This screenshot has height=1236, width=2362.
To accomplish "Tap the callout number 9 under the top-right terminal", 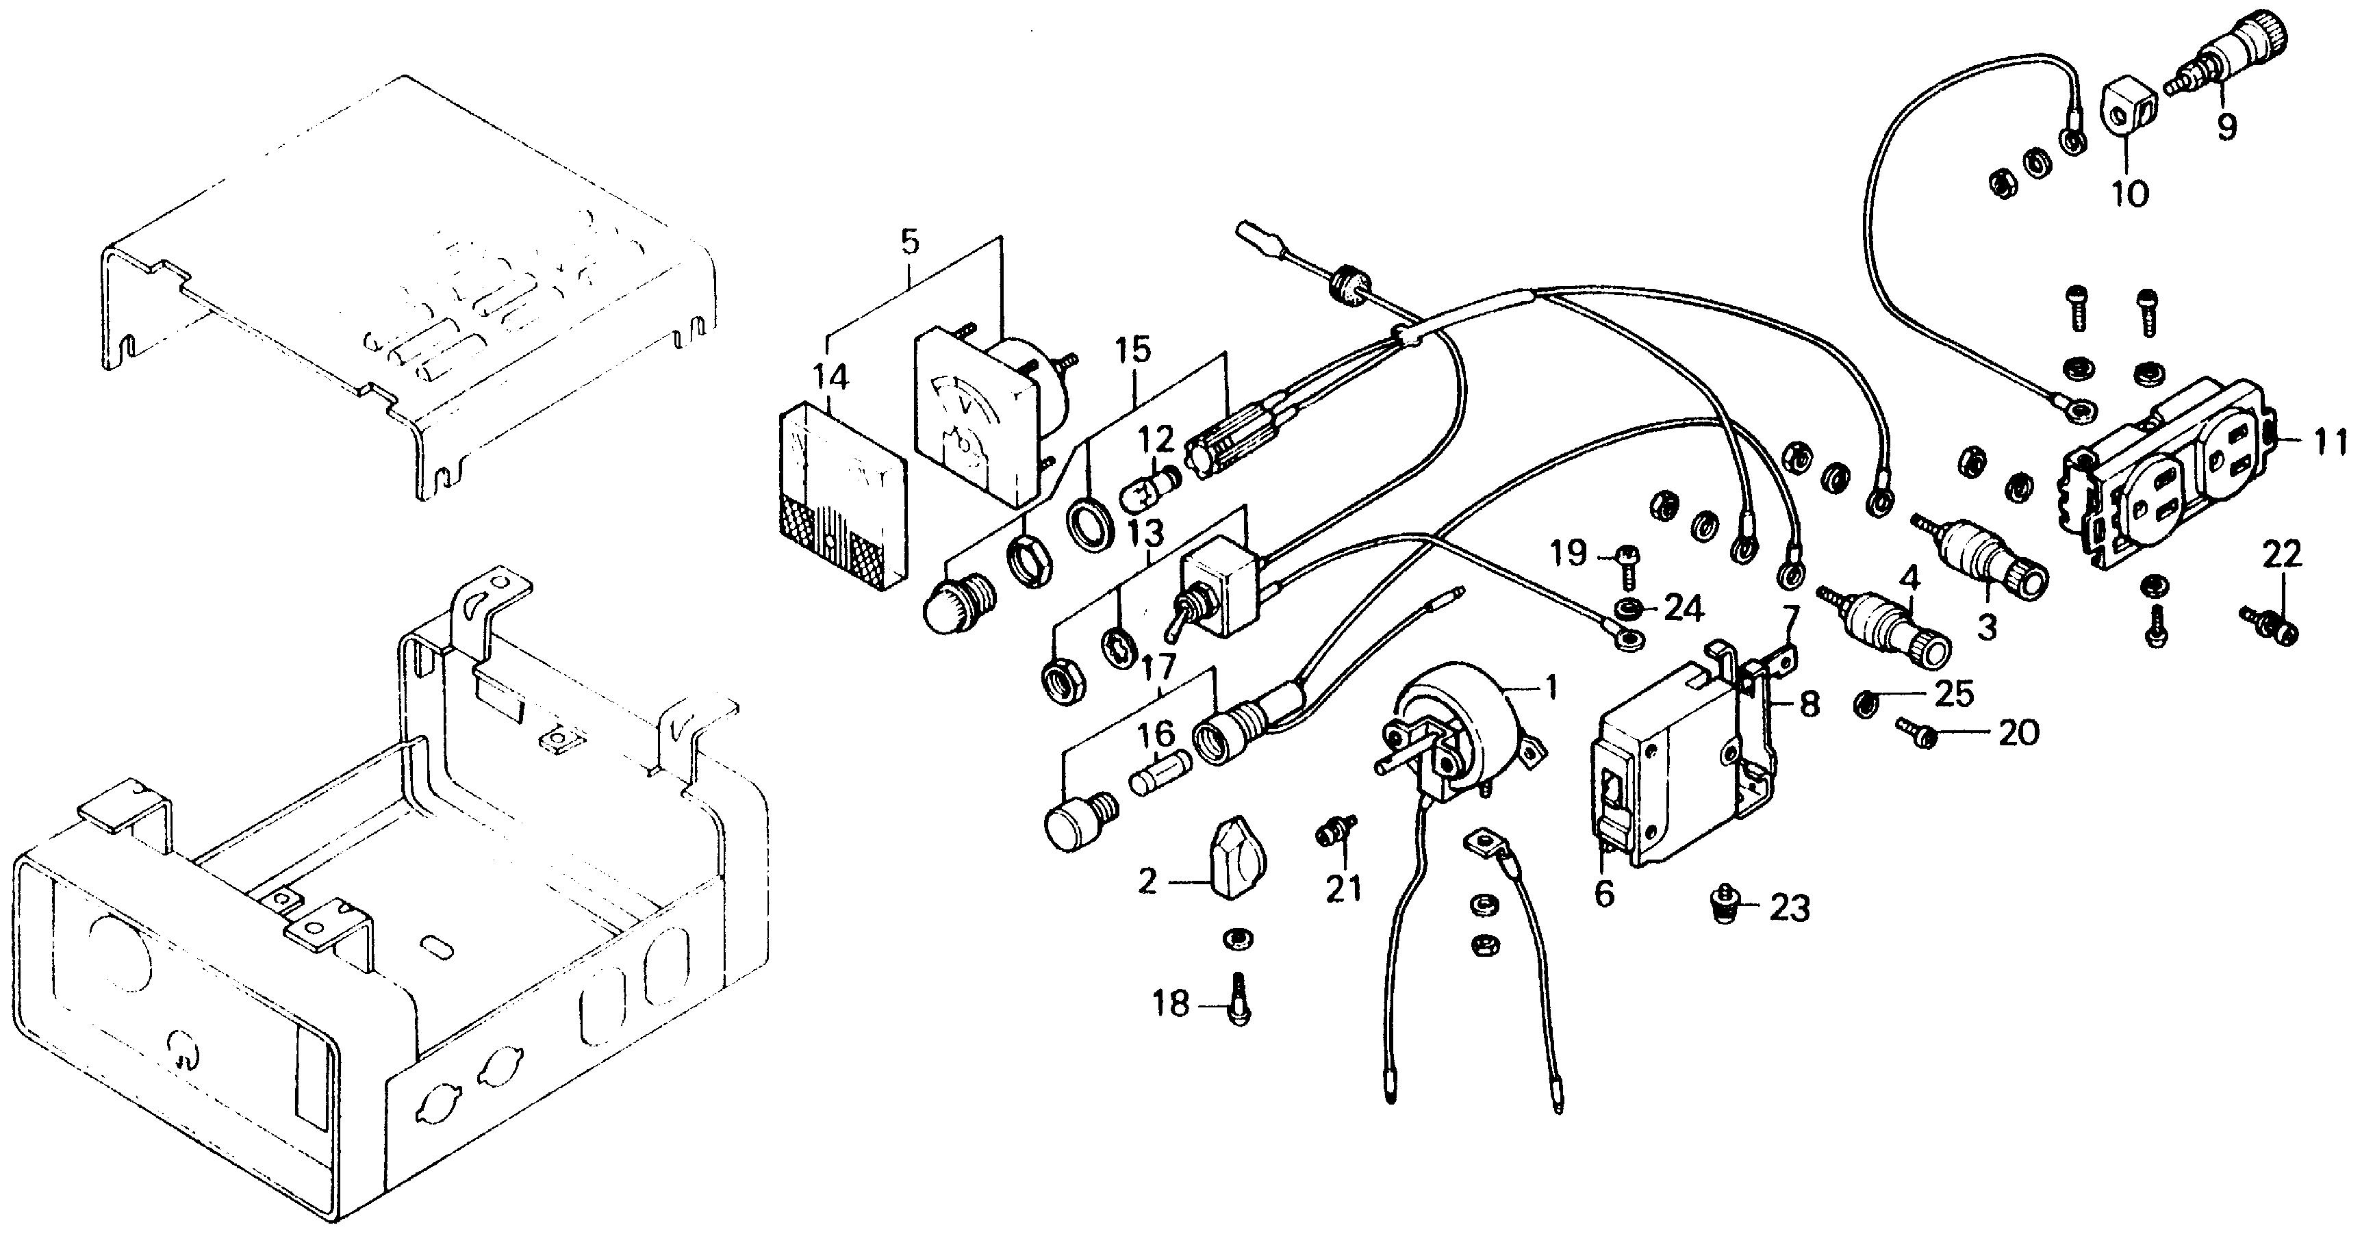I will tap(2226, 125).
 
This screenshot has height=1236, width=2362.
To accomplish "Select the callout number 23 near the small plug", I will tap(1789, 909).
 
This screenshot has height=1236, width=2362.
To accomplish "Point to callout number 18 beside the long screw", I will tap(1171, 1004).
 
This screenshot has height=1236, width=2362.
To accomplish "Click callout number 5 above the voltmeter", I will tap(908, 242).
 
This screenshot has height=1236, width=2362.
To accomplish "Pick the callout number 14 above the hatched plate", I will tap(830, 378).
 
